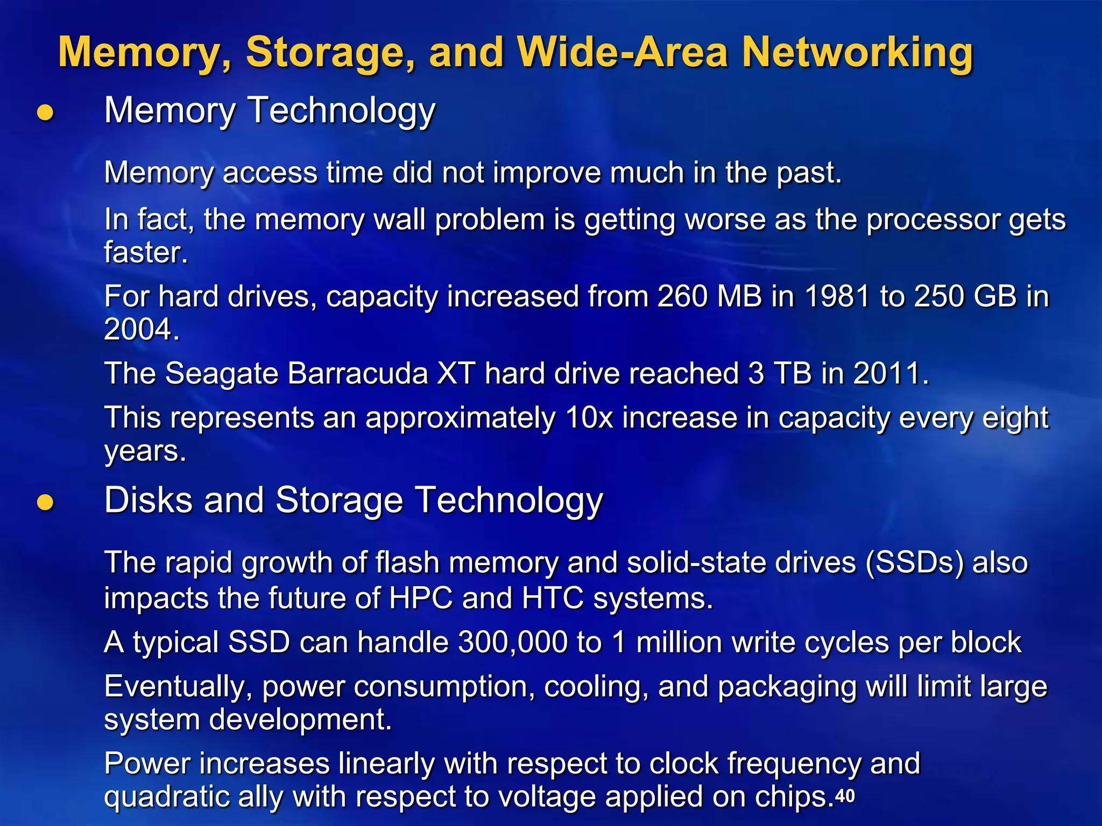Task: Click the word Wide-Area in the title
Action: [623, 52]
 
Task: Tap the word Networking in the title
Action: [857, 53]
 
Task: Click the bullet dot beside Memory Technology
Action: [45, 112]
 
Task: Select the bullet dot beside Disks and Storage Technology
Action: [45, 502]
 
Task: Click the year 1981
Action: [837, 296]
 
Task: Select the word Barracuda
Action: [358, 373]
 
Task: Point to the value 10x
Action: [589, 418]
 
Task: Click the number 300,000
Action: [513, 642]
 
